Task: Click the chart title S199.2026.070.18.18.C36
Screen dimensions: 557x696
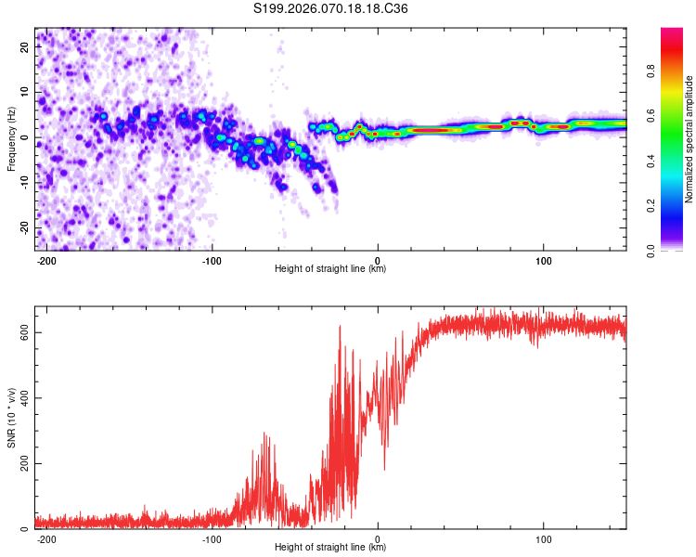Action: [331, 9]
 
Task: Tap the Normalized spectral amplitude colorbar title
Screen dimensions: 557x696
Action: [690, 139]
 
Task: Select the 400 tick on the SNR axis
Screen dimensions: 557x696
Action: [22, 398]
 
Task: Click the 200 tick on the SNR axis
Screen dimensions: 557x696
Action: [22, 464]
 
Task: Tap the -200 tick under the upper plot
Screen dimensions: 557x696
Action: [46, 260]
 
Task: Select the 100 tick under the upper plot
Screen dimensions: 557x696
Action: [544, 260]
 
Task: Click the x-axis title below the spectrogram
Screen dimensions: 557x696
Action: [331, 269]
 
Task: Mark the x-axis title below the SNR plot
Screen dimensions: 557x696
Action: [331, 548]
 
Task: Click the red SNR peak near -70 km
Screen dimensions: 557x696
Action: [264, 434]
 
